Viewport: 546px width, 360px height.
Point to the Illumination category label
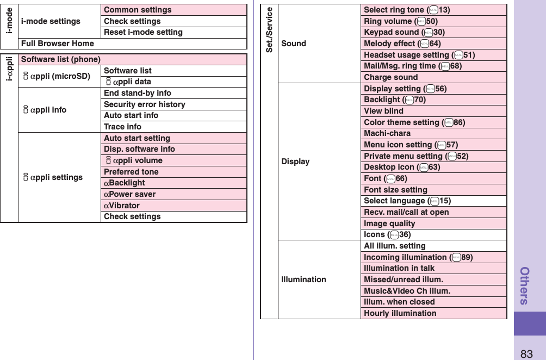click(304, 280)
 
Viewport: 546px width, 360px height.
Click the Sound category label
click(294, 44)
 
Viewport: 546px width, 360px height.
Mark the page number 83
click(526, 354)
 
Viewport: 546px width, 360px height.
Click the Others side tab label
click(525, 285)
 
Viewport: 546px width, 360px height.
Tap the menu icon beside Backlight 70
click(409, 100)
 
